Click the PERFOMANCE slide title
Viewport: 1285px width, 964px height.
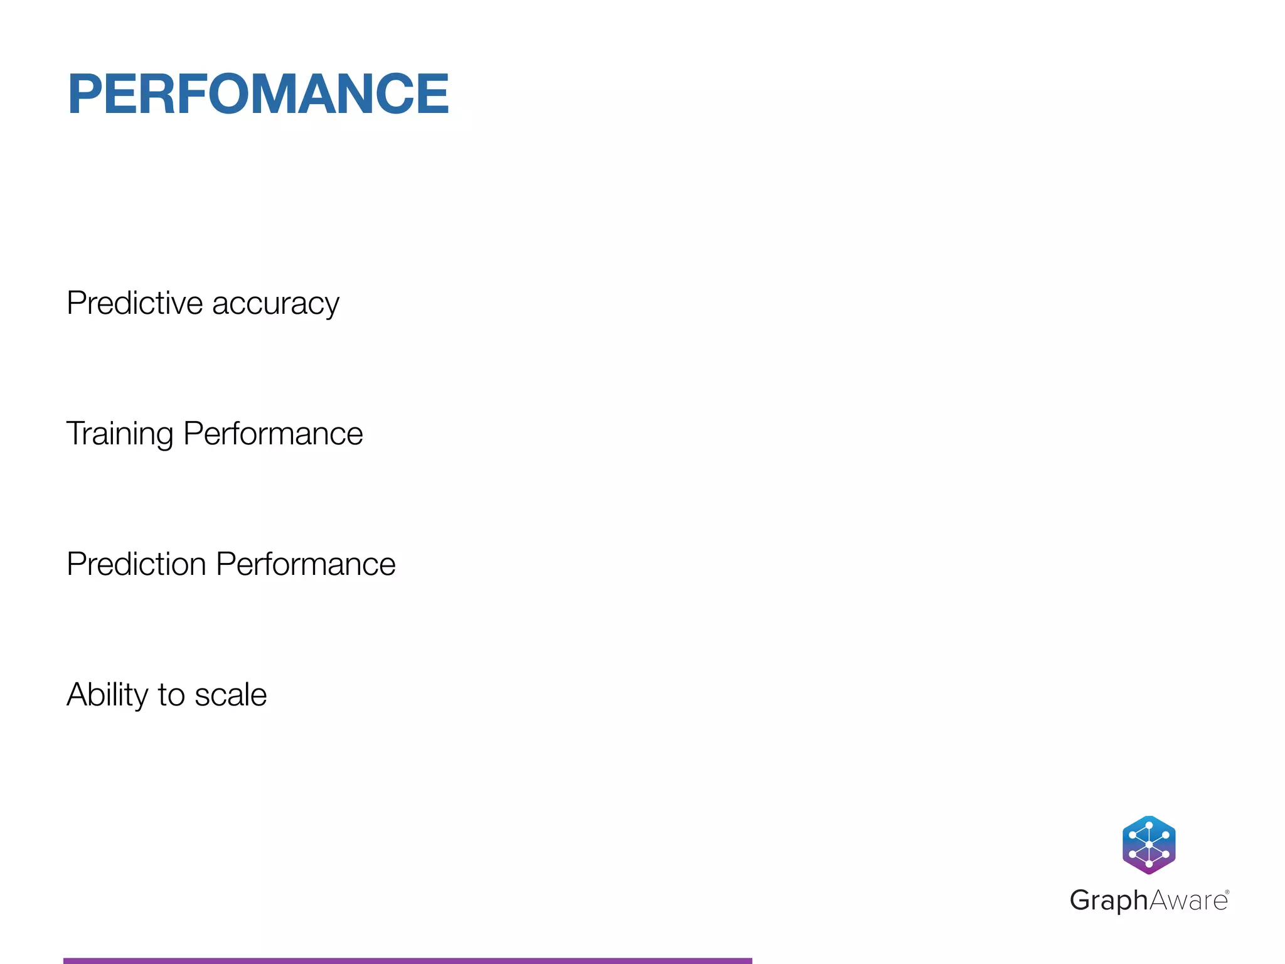pos(258,94)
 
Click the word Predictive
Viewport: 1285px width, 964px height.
pos(134,303)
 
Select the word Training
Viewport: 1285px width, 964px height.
pos(119,434)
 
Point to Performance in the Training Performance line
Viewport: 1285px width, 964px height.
pos(273,434)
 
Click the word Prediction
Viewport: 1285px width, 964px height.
pos(136,564)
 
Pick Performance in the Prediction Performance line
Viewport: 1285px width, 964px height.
pos(306,564)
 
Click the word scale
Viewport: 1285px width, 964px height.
pos(230,695)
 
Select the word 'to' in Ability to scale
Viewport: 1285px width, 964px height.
pos(171,695)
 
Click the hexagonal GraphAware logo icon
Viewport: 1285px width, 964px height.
pos(1149,845)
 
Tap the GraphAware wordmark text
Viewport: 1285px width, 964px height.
pos(1148,900)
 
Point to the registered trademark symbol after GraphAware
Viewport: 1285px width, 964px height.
pos(1227,892)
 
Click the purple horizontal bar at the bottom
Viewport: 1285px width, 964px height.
pos(407,960)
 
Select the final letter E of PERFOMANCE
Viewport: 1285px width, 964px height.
pos(433,94)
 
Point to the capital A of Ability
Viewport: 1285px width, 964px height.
pos(78,695)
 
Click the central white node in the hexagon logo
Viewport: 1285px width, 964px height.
pos(1149,845)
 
